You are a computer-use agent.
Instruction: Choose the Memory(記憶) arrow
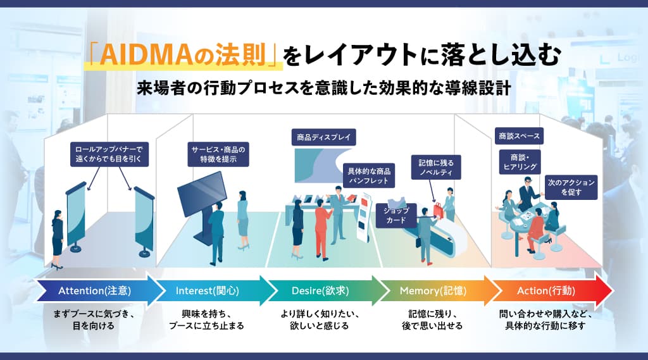pyautogui.click(x=433, y=291)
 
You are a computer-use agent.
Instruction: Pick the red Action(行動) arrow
pyautogui.click(x=547, y=291)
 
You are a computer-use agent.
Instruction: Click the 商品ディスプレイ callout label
pyautogui.click(x=323, y=137)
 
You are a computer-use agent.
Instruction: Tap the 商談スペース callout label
pyautogui.click(x=519, y=136)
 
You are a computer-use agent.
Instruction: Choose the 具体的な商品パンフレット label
pyautogui.click(x=369, y=176)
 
